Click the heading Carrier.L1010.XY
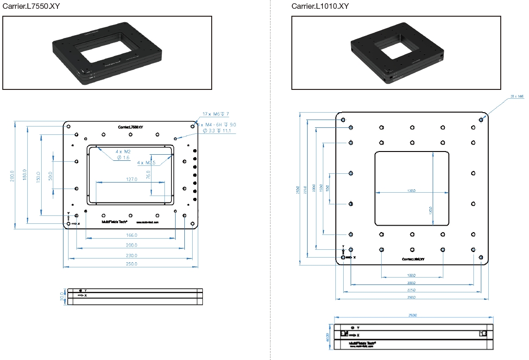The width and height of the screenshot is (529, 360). [320, 6]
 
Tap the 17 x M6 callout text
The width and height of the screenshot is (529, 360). [216, 114]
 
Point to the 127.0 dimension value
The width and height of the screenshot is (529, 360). [131, 179]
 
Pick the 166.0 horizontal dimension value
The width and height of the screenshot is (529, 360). [132, 235]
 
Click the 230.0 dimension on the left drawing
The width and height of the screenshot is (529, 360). [132, 255]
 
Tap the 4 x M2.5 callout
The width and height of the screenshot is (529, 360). [147, 163]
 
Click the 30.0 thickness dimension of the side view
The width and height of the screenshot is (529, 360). [62, 297]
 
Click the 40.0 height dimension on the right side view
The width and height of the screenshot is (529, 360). [327, 337]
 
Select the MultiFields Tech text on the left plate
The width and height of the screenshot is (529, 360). [114, 222]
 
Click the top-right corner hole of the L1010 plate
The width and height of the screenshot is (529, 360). [481, 120]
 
